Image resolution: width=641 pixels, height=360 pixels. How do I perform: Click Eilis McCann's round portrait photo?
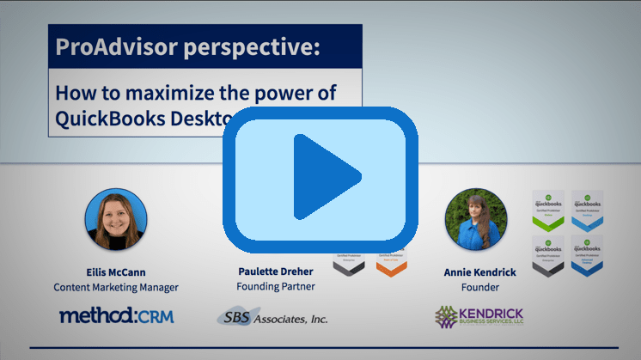coord(116,218)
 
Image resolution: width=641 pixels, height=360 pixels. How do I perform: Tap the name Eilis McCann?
coord(116,272)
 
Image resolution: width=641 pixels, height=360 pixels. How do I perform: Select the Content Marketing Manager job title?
coord(116,287)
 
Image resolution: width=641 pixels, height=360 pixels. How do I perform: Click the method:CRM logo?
coord(116,316)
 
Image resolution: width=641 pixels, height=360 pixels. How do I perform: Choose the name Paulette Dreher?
coord(276,272)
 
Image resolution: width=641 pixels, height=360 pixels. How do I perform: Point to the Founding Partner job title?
coord(276,287)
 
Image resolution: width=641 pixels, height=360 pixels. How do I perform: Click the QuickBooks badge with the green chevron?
coord(547,211)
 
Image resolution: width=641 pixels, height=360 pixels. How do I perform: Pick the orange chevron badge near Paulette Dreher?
coord(390,261)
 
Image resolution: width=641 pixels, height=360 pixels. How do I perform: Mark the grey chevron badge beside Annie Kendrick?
coord(547,256)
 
